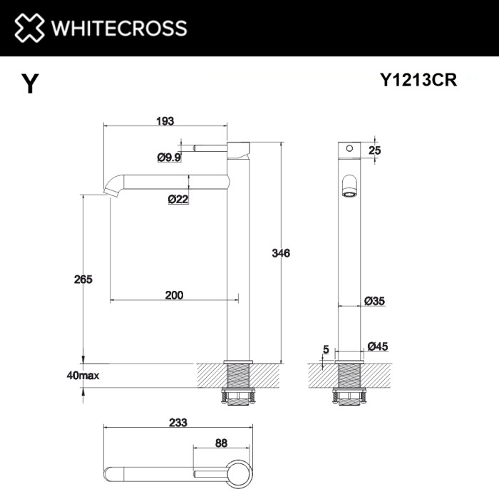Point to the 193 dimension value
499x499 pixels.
click(165, 121)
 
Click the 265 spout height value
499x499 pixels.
click(83, 279)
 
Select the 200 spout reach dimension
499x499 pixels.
click(174, 294)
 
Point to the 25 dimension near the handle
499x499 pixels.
click(376, 150)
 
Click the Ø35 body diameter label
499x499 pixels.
click(374, 302)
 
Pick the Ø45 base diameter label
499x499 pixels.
click(377, 347)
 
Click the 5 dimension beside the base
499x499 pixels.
click(325, 349)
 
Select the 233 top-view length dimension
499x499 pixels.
click(178, 422)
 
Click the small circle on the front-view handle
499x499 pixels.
click(349, 150)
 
